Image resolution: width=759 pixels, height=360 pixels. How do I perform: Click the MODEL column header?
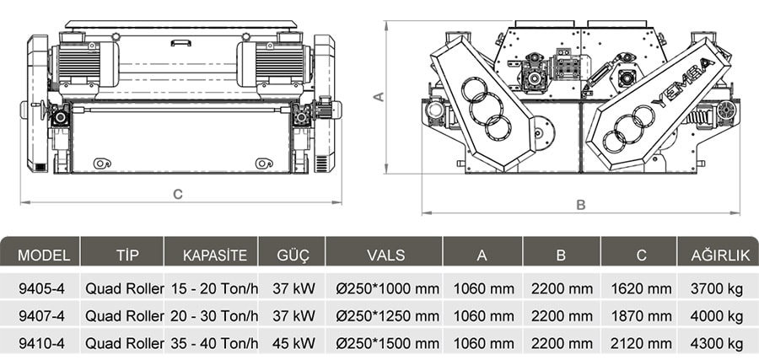coord(44,255)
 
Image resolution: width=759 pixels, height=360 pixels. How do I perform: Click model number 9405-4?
coord(41,289)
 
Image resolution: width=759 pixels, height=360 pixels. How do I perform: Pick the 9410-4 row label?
coord(41,343)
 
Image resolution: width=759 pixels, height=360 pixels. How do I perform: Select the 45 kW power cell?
coord(293,343)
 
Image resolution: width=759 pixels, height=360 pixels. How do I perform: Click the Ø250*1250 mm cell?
coord(388,316)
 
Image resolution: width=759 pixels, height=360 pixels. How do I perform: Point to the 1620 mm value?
coord(642,289)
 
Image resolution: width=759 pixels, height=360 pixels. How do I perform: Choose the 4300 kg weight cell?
coord(717,343)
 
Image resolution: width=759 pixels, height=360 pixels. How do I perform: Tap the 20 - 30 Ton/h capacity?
coord(214,316)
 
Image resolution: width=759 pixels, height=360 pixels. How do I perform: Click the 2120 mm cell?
coord(642,343)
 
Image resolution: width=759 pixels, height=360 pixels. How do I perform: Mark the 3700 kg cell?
coord(717,289)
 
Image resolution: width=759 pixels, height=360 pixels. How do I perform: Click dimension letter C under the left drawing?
coord(178,194)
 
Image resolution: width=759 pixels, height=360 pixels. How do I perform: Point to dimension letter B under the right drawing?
coord(581,205)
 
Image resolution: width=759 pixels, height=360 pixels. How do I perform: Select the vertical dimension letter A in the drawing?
coord(379,96)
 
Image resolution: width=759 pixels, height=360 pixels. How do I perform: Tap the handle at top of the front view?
coord(180,43)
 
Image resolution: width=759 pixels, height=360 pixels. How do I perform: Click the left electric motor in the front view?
coord(83,64)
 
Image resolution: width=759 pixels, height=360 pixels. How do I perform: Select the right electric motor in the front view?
coord(274,64)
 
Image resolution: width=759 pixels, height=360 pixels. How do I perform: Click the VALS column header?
coord(385,255)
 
